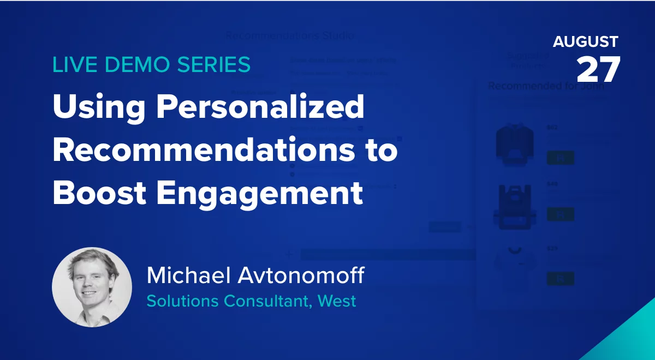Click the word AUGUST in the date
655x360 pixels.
[585, 42]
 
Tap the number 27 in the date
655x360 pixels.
[598, 69]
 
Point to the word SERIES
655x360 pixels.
[213, 65]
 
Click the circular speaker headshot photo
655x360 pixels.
[92, 287]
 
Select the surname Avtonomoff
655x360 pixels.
[302, 276]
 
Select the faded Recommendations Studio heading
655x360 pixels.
[290, 36]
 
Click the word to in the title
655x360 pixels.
[380, 150]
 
